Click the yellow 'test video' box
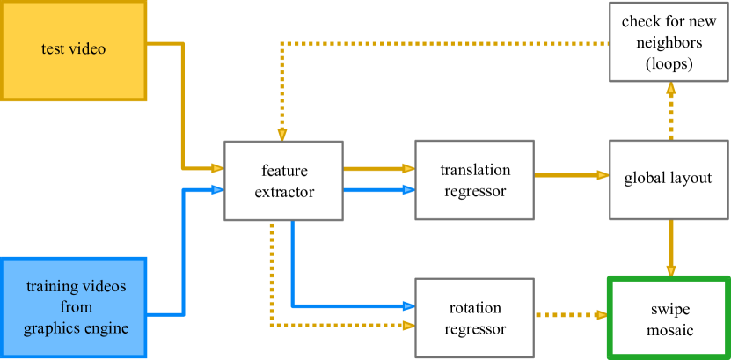[73, 49]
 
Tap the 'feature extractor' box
[284, 180]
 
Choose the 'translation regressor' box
[474, 180]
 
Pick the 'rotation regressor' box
[474, 319]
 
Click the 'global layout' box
[668, 179]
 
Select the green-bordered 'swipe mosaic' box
[669, 318]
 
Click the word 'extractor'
[284, 191]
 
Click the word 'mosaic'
[670, 330]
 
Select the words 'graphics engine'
[77, 328]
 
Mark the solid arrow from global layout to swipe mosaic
[671, 246]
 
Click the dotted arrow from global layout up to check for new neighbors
[671, 110]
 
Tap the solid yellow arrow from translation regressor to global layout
[572, 174]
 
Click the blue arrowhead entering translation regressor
[409, 189]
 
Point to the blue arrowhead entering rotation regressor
[409, 306]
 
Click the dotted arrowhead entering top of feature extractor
[281, 135]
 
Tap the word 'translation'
[474, 170]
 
